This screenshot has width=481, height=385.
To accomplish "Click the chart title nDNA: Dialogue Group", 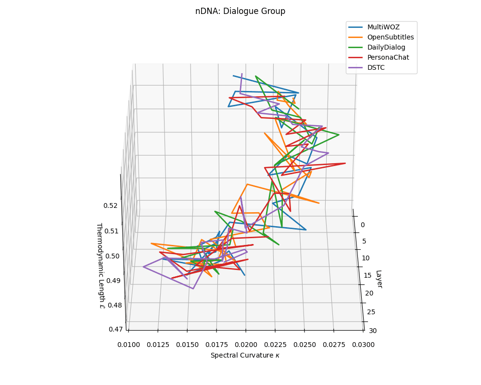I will tap(240, 11).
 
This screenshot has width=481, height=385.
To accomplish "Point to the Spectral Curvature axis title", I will tap(245, 356).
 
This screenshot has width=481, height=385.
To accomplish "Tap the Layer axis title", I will tap(379, 279).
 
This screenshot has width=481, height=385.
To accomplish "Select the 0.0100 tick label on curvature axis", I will tap(128, 345).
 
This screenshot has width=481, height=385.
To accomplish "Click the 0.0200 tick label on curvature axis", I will tap(246, 345).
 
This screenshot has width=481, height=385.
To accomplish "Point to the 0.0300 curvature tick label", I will tap(363, 345).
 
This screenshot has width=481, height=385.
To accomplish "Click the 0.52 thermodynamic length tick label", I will tap(110, 205).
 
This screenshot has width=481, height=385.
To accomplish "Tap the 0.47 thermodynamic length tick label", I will tap(115, 330).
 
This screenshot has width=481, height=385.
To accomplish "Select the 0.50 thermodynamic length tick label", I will tap(112, 256).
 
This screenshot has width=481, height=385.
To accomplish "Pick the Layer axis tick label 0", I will tap(363, 225).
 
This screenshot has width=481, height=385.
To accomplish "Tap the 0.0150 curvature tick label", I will tap(187, 345).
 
